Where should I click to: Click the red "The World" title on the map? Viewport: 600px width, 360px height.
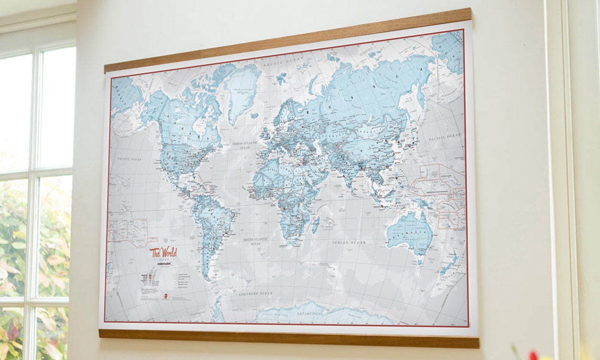(x=163, y=252)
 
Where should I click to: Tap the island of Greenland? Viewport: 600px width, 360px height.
(x=242, y=89)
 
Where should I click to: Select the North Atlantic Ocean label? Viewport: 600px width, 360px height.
(x=245, y=145)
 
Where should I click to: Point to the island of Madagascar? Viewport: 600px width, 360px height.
(x=315, y=225)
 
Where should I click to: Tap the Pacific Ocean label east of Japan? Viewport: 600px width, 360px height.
(x=445, y=137)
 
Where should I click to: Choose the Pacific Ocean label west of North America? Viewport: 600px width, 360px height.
(x=130, y=158)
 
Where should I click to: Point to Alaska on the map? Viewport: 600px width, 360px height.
(x=126, y=95)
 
